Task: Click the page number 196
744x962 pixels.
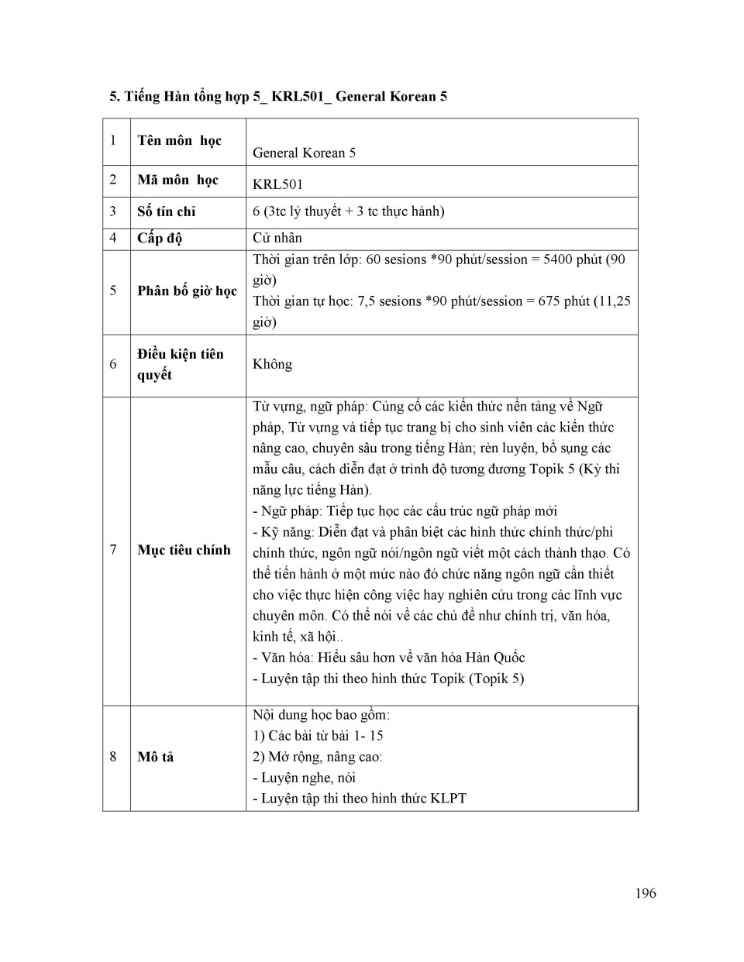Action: click(645, 893)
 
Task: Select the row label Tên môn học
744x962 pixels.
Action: click(179, 140)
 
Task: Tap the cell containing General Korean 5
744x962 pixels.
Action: click(304, 153)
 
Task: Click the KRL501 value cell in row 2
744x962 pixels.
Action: click(277, 184)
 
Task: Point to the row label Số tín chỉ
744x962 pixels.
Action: click(167, 211)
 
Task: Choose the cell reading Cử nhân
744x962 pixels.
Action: click(277, 238)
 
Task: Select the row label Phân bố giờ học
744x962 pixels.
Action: click(187, 290)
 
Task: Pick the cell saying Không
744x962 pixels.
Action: click(272, 364)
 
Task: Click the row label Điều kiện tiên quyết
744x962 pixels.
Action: click(180, 364)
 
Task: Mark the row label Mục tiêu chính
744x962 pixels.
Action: click(184, 550)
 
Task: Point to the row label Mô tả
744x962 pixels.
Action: click(155, 757)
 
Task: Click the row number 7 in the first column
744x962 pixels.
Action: click(113, 550)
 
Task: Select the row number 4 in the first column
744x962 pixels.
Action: click(113, 238)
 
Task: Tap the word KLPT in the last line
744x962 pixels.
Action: click(448, 799)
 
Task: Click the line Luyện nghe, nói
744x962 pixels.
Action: click(304, 778)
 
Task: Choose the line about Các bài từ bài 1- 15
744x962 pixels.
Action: click(318, 736)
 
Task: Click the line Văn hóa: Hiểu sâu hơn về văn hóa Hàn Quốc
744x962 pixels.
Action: click(388, 658)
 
